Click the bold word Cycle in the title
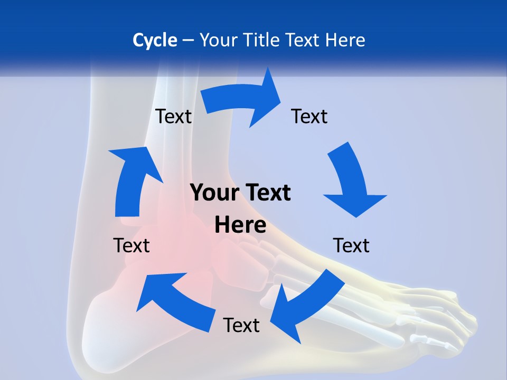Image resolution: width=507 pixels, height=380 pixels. pos(155,40)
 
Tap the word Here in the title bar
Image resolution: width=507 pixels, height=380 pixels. pos(345,40)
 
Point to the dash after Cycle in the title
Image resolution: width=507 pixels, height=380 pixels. pos(188,40)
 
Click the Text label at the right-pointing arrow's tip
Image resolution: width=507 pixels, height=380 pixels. pos(309,116)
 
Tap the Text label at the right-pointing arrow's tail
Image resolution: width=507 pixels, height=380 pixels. pos(173,116)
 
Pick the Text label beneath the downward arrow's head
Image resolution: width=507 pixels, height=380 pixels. pos(351,245)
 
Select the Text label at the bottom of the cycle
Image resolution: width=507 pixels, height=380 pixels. pos(241,325)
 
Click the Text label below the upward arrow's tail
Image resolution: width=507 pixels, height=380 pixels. pos(132,245)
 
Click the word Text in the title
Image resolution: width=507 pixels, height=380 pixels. pos(304,40)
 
